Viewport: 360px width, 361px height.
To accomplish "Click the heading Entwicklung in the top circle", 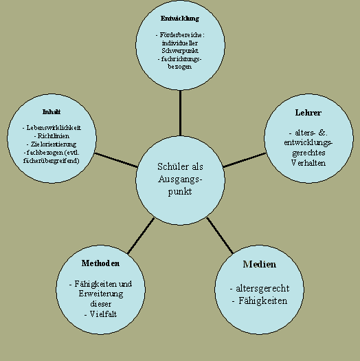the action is [180, 19].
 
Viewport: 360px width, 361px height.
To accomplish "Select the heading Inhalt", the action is [52, 112].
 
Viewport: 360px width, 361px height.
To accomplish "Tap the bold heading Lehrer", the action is [308, 113].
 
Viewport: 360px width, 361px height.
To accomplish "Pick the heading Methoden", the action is [100, 263].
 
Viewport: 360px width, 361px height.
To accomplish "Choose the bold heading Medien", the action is [260, 264].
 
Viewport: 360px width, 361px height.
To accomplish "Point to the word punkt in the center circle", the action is [180, 192].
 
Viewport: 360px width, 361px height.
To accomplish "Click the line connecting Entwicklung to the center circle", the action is [180, 113].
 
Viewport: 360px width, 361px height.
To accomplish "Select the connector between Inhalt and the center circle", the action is [116, 160].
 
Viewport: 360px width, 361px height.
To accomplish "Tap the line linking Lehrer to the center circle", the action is [245, 160].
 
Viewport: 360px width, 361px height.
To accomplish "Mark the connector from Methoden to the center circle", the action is [141, 236].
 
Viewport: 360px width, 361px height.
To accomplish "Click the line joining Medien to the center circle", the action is [220, 236].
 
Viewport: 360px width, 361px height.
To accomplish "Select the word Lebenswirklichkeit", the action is [54, 128].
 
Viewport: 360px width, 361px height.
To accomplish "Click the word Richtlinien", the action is [54, 136].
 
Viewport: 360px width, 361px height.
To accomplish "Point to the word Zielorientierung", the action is [54, 144].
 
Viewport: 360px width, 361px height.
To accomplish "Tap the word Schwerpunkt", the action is [180, 51].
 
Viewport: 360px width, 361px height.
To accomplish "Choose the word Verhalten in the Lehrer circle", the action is [308, 163].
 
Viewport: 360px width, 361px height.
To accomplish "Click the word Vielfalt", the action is [103, 314].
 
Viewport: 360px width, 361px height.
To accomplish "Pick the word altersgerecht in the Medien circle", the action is [262, 289].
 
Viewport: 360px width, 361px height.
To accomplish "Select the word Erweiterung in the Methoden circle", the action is [101, 294].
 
